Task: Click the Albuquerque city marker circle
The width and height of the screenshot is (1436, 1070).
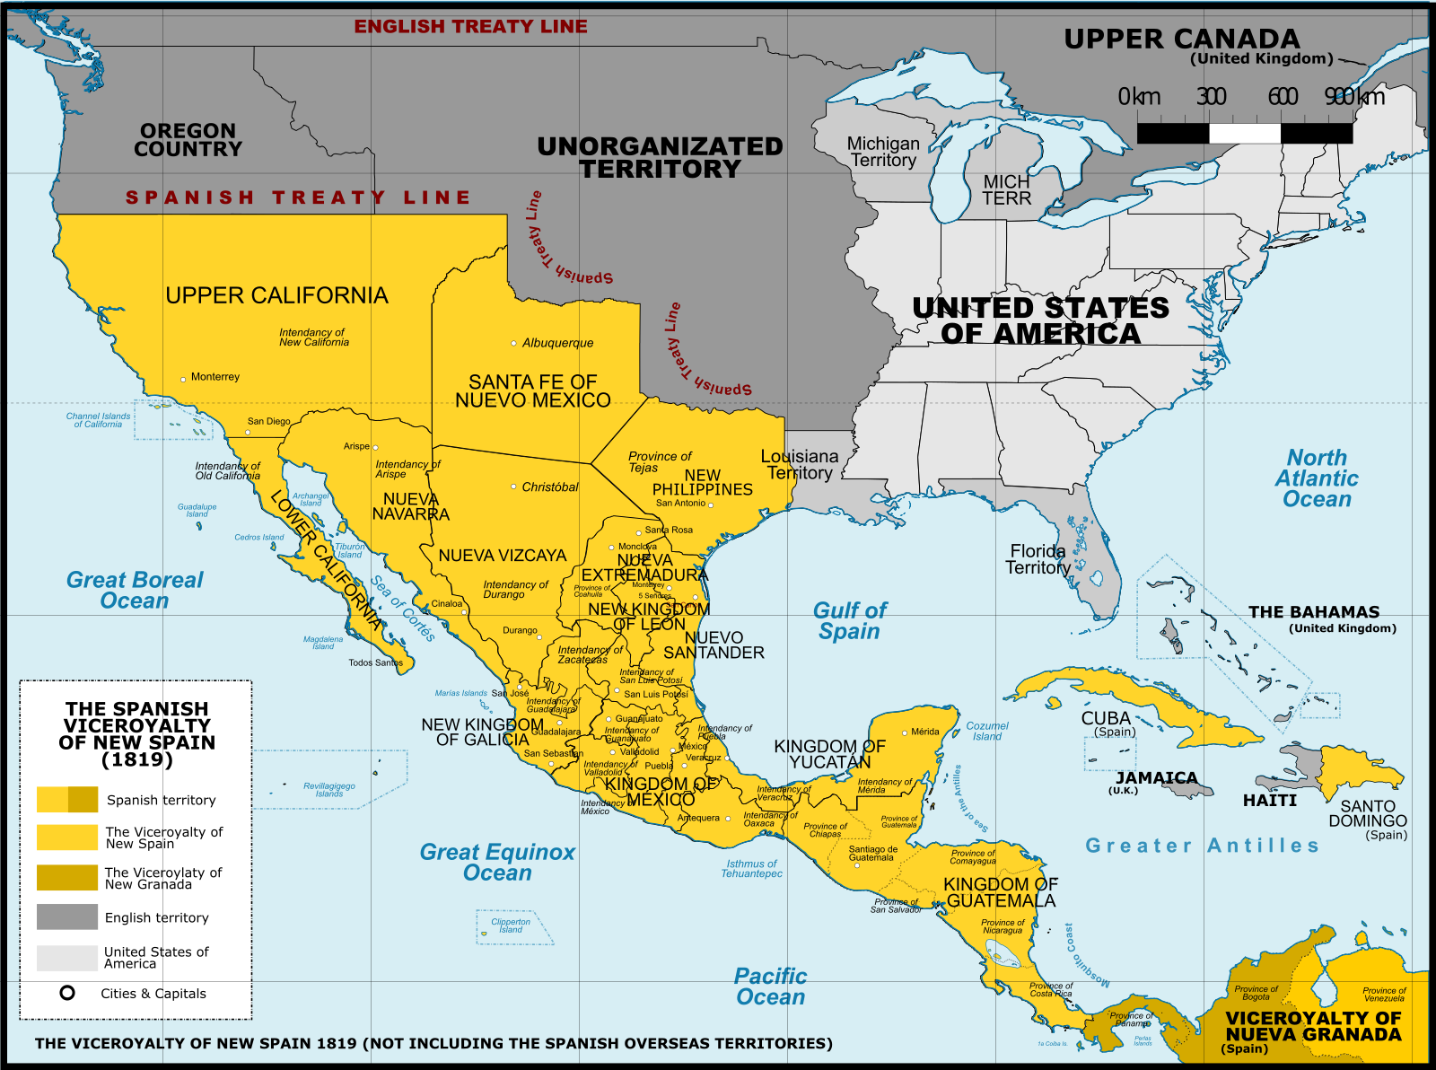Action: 513,343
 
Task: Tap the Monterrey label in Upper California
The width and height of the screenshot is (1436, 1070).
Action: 215,377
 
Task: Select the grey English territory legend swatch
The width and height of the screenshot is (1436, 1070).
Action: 67,917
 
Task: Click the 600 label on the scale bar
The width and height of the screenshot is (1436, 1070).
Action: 1283,96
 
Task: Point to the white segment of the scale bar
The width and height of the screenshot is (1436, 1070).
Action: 1244,134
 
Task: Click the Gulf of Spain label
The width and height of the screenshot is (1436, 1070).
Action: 849,620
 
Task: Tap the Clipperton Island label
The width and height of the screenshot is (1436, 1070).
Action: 511,925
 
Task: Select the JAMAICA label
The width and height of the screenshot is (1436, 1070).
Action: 1156,777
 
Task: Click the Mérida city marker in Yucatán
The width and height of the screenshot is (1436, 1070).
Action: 905,732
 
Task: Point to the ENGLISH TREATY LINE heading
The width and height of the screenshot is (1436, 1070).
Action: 470,27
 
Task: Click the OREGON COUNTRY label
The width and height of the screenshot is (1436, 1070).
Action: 188,140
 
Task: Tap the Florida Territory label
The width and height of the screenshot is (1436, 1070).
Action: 1038,559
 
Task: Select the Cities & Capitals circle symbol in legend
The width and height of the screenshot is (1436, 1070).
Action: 67,993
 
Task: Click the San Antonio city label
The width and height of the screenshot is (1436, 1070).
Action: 680,504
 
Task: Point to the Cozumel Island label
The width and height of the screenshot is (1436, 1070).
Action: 987,731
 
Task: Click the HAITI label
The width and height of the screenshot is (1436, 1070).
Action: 1269,800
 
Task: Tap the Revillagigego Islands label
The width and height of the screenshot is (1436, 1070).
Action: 329,790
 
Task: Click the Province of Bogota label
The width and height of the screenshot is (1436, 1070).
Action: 1256,993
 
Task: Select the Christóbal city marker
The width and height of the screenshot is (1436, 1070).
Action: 513,487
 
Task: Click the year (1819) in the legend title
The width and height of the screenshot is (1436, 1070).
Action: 137,759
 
